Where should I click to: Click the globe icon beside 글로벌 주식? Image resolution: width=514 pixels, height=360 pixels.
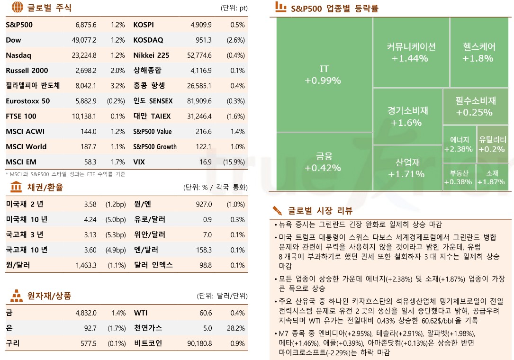pos(17,8)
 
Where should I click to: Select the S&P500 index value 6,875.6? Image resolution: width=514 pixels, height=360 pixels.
pos(86,25)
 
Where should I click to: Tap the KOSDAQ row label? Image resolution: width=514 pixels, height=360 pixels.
pos(148,40)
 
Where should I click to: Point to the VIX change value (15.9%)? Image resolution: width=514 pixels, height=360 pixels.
pos(234,162)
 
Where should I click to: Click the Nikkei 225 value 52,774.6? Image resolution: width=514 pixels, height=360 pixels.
pos(199,55)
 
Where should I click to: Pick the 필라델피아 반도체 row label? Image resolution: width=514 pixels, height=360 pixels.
pos(33,86)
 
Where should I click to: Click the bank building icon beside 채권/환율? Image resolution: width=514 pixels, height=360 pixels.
pos(16,187)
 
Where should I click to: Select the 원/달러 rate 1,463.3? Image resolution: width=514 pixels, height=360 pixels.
pos(86,265)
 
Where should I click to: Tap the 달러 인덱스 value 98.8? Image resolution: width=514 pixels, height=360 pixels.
pos(206,265)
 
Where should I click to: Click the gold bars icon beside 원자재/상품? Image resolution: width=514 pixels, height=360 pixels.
pos(16,296)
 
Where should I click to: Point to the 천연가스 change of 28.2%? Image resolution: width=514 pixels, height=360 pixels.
pos(236,328)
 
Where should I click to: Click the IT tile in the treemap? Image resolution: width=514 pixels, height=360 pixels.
pos(323,75)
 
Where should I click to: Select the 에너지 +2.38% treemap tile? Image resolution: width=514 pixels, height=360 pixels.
pos(459,144)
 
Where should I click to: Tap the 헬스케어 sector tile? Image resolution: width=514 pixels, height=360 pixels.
pos(478,52)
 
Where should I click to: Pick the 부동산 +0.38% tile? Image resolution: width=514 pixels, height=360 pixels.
pos(459,177)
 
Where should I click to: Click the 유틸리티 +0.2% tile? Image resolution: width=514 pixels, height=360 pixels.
pos(492,144)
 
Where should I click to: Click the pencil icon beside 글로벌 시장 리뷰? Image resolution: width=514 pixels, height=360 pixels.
pos(278,211)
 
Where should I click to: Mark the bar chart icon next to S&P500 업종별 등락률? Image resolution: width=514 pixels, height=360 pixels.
pos(280,7)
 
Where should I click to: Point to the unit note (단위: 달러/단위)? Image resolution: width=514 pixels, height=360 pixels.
pos(222,296)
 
